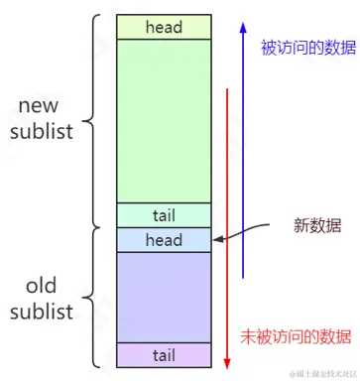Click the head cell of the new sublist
164,27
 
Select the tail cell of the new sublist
164,215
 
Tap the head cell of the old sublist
164,239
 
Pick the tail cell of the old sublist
164,354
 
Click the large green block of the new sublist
164,119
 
